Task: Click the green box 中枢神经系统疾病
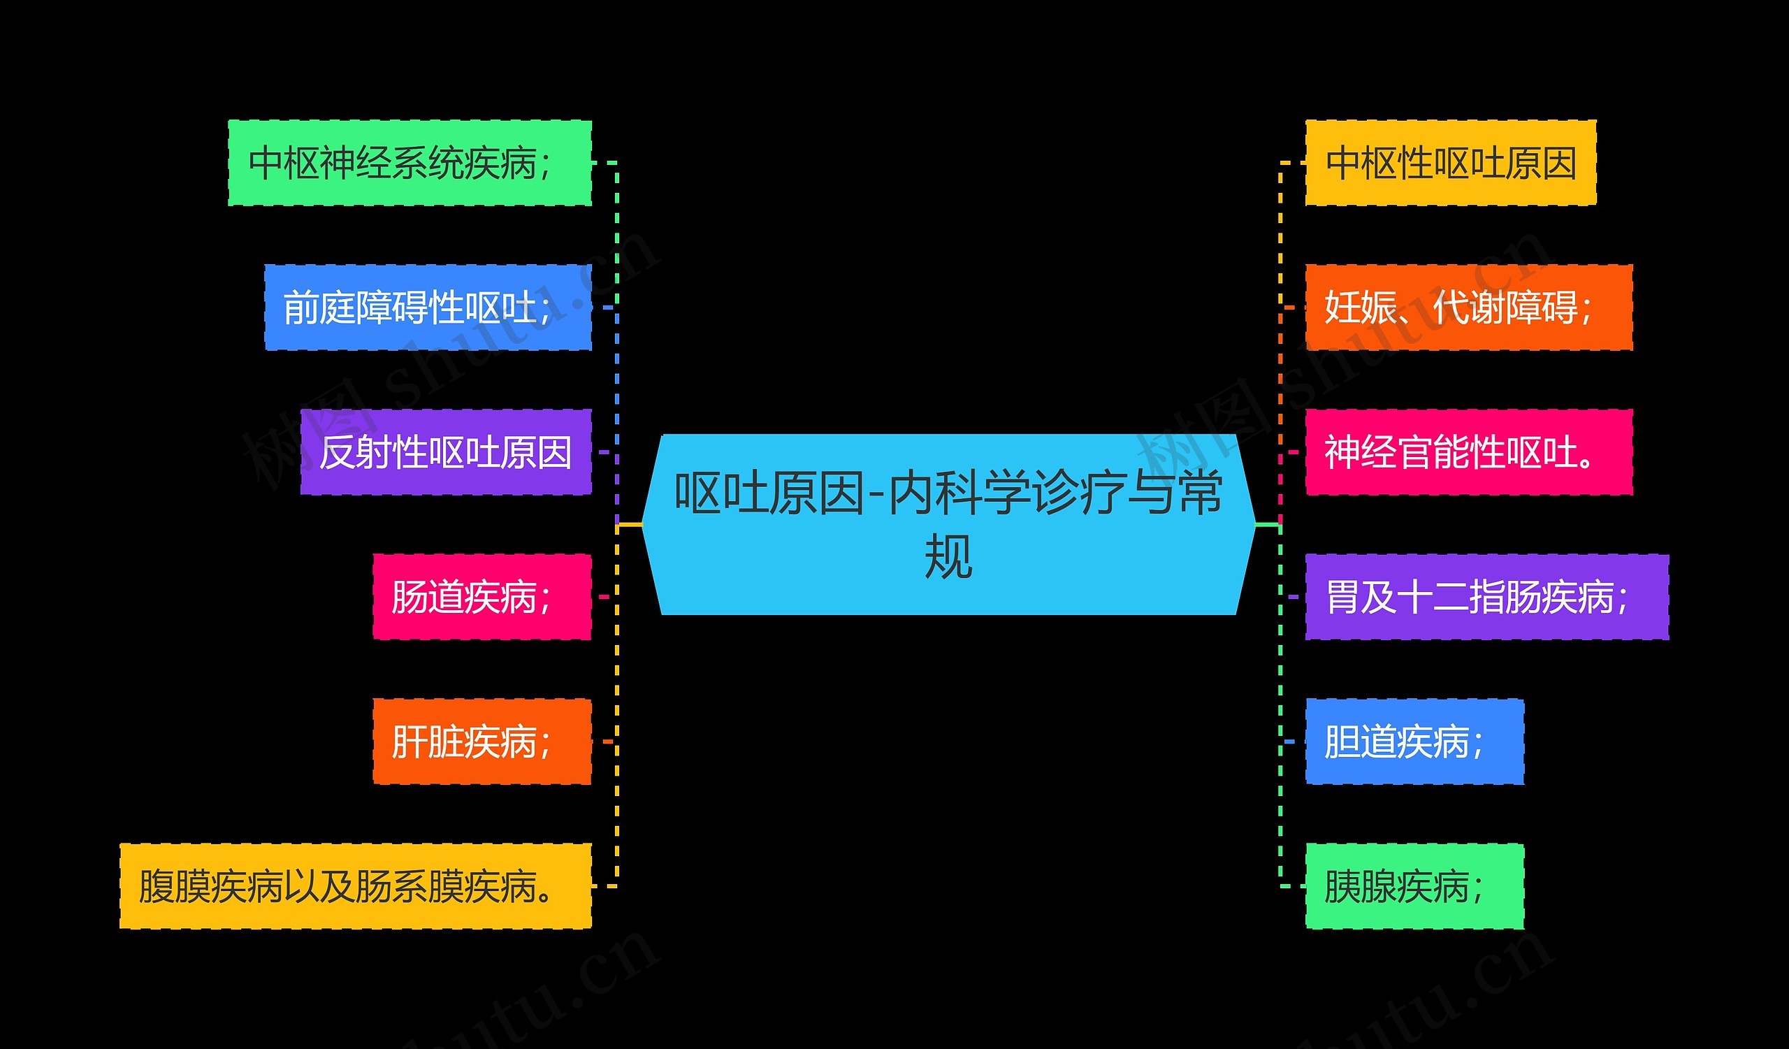point(410,164)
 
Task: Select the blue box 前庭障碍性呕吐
point(428,308)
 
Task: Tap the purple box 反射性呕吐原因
point(445,452)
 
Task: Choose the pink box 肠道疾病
point(481,597)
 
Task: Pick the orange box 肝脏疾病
point(481,741)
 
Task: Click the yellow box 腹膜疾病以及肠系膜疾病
point(355,886)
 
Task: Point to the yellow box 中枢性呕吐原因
point(1450,164)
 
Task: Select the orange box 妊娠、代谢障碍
point(1468,308)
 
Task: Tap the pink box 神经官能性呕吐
point(1468,452)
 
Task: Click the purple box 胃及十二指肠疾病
point(1486,597)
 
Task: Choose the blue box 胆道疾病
point(1414,741)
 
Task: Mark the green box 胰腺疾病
point(1414,886)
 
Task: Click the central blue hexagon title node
point(948,524)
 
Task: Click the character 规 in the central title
point(948,558)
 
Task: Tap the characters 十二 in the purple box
point(1433,597)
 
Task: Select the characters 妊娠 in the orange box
point(1360,308)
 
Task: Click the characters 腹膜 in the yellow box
point(175,886)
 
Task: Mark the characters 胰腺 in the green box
point(1360,886)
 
